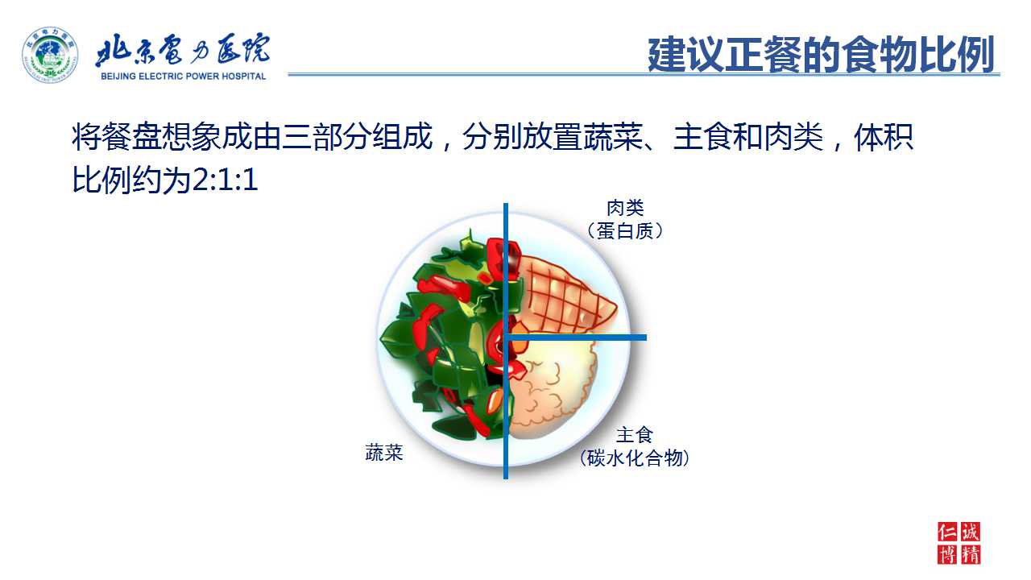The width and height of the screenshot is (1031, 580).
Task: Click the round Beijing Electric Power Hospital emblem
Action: (x=50, y=55)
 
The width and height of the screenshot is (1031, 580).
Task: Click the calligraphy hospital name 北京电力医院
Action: (x=183, y=49)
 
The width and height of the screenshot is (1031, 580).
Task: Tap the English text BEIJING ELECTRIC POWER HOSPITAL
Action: (x=183, y=77)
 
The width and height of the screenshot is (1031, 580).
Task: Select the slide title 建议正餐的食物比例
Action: (x=821, y=55)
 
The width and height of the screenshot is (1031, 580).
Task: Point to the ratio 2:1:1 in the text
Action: (x=225, y=180)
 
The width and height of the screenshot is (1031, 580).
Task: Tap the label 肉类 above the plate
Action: (x=625, y=208)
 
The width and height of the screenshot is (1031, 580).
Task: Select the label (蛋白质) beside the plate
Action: (x=625, y=231)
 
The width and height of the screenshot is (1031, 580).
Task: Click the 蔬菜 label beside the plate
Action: (x=384, y=453)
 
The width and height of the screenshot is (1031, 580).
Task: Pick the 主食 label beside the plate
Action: (x=634, y=434)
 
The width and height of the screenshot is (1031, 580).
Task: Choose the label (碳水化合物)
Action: (x=634, y=458)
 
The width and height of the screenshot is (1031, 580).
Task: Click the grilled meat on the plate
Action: (x=564, y=295)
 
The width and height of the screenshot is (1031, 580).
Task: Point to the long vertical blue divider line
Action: (x=506, y=341)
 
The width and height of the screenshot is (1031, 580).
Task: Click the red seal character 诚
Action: (x=971, y=532)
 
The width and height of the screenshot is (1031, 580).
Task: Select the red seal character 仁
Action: (x=947, y=532)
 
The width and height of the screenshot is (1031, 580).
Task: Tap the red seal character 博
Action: (x=947, y=555)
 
